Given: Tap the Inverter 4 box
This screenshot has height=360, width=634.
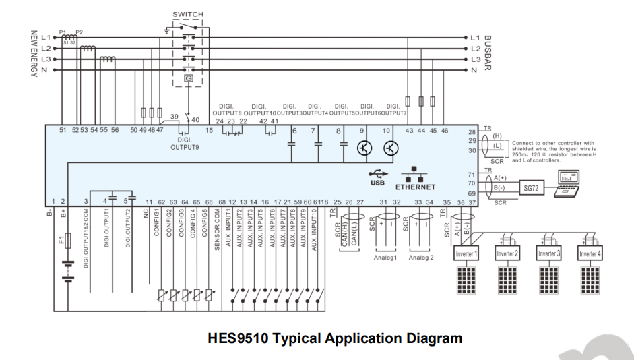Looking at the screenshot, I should coord(590,253).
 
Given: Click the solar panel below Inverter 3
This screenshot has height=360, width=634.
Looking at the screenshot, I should coord(549,278).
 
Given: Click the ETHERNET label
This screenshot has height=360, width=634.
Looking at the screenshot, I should coord(415,187).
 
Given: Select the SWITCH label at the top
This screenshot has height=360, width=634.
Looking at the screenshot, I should coord(187,13).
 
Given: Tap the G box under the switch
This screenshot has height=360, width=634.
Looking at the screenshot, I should coord(188,78).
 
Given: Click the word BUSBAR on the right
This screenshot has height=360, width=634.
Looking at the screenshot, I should coord(488,54).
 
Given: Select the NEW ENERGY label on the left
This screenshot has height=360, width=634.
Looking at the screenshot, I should coord(32,54).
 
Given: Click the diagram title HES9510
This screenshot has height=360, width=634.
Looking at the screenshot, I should coord(335,338).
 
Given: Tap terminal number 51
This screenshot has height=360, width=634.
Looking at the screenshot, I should coord(63,130).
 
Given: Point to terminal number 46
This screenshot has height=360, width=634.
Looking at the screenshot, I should coord(444,130).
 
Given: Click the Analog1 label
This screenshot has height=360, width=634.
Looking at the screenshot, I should coord(385,257).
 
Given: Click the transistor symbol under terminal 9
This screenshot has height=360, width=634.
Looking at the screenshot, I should coord(364,148).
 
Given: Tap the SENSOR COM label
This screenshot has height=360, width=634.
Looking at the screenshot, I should coord(218,229).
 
